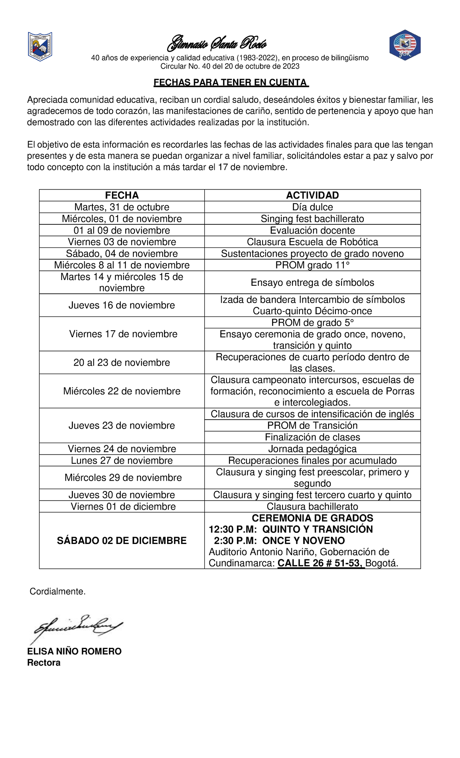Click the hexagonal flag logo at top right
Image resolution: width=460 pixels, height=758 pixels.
405,45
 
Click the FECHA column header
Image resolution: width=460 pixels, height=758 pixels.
122,195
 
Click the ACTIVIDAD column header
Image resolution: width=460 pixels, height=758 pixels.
312,195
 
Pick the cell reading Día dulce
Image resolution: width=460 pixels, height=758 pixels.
312,207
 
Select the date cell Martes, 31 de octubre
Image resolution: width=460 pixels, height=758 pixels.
122,207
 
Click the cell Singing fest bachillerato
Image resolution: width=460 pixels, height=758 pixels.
312,219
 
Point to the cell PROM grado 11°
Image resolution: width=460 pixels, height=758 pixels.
312,265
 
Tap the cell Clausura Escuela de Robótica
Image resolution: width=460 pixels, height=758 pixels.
312,242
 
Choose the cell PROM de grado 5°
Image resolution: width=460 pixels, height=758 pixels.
312,323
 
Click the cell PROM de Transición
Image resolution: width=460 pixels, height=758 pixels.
312,425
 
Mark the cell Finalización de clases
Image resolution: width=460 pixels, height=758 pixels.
312,437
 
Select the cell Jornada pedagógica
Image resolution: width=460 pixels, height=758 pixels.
312,449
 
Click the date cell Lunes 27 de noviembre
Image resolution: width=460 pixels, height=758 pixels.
122,460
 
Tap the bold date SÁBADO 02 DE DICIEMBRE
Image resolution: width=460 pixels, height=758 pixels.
122,540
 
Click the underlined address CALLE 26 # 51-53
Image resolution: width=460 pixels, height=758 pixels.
320,563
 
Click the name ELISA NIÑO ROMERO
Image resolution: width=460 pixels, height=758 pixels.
74,651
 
